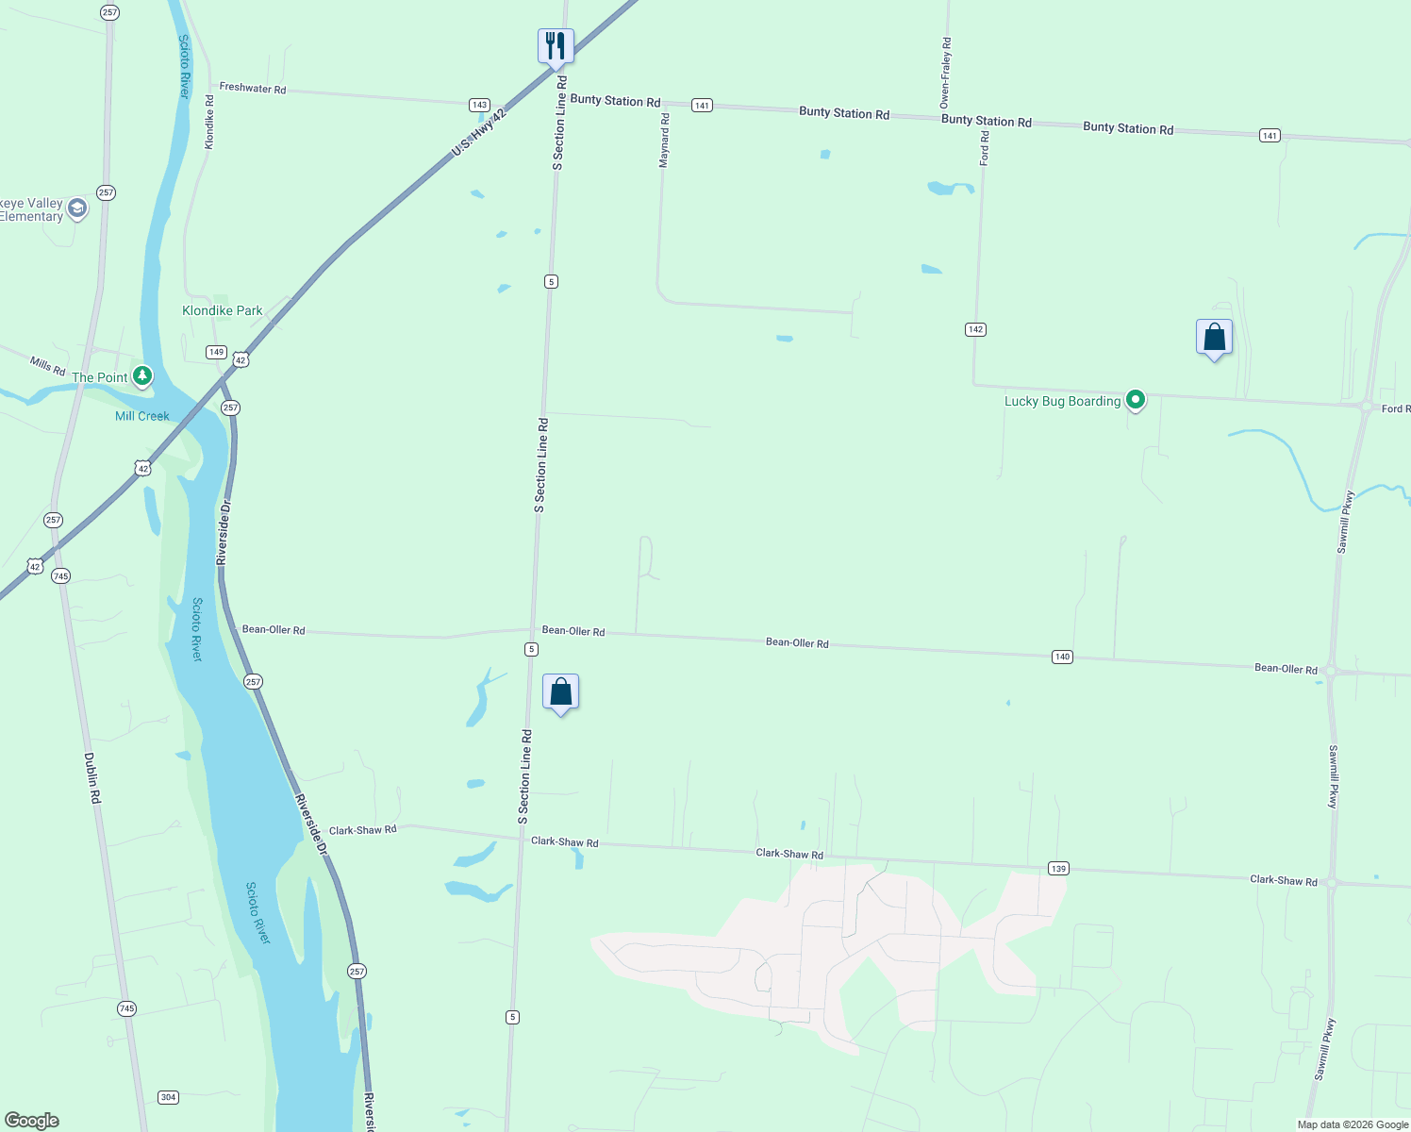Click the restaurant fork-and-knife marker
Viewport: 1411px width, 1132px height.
click(556, 45)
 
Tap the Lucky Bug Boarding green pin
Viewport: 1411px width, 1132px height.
click(1137, 400)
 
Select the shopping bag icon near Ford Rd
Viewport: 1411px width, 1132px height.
click(1214, 338)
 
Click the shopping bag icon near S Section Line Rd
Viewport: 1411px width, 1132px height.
click(560, 692)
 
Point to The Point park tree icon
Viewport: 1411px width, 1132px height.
click(142, 376)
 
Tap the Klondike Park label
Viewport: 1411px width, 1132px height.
click(222, 310)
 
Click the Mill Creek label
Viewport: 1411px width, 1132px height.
click(142, 416)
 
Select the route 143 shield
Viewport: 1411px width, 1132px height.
click(479, 105)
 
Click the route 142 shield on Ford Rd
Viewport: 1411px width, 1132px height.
click(975, 329)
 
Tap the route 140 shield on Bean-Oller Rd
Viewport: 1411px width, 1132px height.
click(1062, 657)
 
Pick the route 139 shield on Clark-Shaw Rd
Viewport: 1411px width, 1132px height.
click(1057, 868)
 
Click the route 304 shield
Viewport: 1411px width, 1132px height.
click(168, 1097)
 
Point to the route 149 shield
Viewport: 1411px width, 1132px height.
click(216, 352)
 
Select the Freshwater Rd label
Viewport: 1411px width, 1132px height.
click(253, 88)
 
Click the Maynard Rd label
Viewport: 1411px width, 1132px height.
click(664, 141)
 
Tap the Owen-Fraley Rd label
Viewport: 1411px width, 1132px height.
click(945, 73)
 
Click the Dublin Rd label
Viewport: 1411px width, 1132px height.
click(92, 777)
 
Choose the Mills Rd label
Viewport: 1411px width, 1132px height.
click(47, 364)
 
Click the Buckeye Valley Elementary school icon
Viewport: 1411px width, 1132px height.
click(77, 208)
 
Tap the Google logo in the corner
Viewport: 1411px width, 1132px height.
click(32, 1121)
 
